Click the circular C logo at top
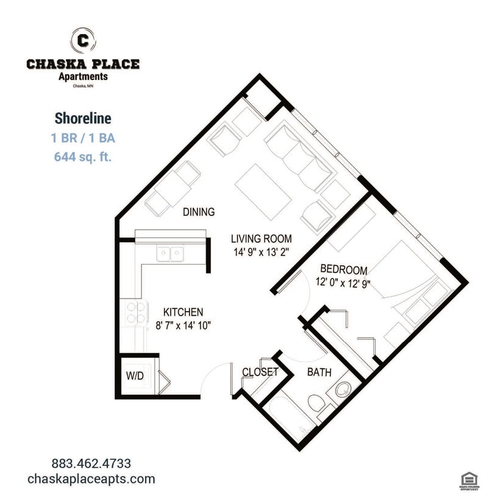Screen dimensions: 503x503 [x=83, y=41]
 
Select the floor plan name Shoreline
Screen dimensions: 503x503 [x=83, y=119]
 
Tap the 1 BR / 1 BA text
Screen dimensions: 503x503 [x=83, y=138]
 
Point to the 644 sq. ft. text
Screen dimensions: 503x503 [x=83, y=157]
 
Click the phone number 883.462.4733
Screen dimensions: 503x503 [x=91, y=463]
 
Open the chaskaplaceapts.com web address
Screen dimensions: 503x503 [x=91, y=479]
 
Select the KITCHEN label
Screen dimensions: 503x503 [x=184, y=312]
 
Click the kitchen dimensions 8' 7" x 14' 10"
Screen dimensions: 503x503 [x=184, y=325]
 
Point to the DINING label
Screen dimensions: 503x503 [x=198, y=212]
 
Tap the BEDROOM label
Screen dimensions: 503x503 [x=343, y=269]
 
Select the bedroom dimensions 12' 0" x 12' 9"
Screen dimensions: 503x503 [x=343, y=283]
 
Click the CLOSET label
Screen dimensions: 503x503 [x=260, y=372]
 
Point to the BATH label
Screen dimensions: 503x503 [x=319, y=373]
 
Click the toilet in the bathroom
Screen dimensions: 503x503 [x=318, y=403]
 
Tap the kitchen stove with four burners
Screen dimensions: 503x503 [x=137, y=312]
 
